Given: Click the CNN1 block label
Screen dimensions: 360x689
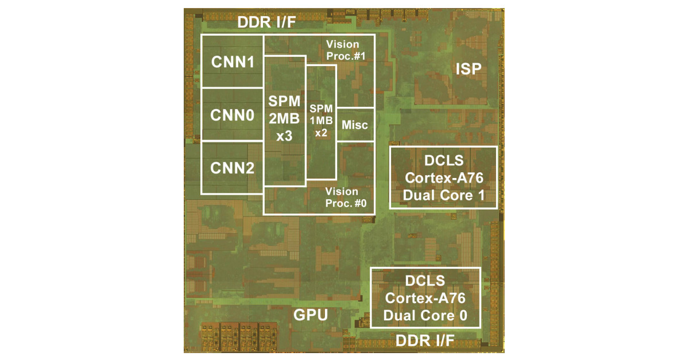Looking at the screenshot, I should tap(232, 61).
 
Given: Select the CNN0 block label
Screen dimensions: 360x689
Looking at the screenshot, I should tap(232, 115).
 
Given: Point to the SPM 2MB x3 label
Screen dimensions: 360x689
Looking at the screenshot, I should tap(284, 119).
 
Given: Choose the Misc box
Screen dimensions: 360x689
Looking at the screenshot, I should tap(355, 125).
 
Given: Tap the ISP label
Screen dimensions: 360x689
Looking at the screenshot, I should tap(468, 70).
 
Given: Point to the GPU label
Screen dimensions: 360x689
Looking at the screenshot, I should tap(311, 315).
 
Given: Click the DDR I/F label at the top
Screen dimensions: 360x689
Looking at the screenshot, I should tap(267, 24).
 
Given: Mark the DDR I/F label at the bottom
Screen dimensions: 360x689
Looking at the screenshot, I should tap(425, 341).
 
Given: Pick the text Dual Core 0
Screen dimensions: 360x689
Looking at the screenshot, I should tap(425, 315).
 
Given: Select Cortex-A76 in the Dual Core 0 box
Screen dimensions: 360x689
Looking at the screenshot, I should tap(425, 298).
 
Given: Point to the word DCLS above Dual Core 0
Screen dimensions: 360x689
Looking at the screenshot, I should tap(425, 281).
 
